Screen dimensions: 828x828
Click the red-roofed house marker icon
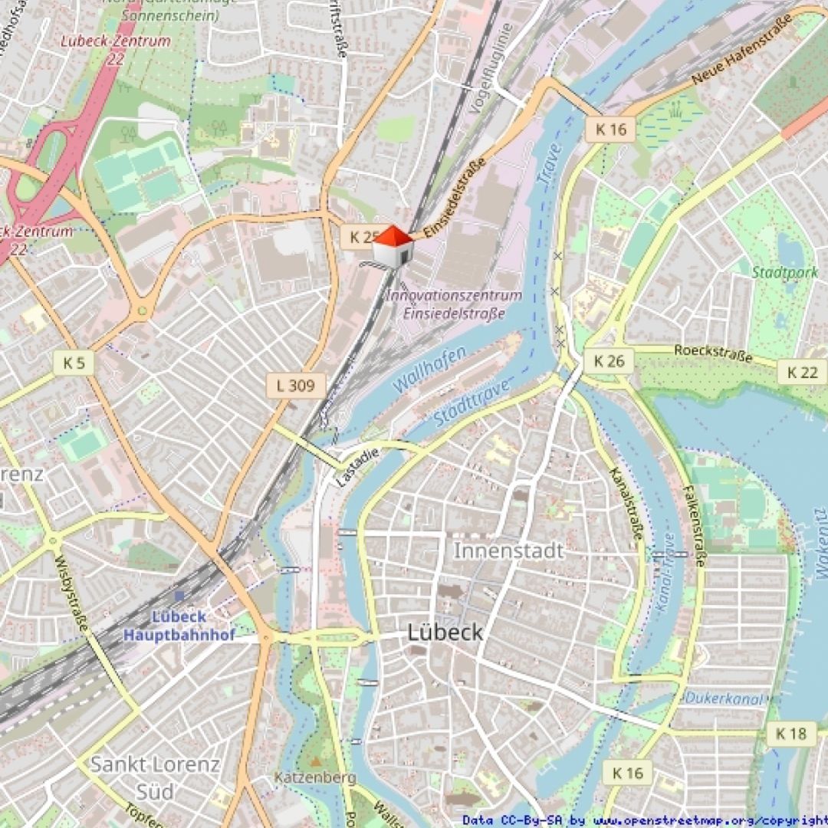[393, 247]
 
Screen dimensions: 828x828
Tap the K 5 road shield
[74, 363]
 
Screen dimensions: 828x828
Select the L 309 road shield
[296, 386]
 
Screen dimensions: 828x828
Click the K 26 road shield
[609, 361]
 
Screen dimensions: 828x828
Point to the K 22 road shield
[802, 372]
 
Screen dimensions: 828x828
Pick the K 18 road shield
[791, 734]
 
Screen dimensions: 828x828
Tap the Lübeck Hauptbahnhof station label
[179, 626]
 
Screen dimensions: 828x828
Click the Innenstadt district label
[508, 550]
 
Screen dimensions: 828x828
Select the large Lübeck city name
[445, 632]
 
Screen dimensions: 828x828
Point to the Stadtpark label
[784, 272]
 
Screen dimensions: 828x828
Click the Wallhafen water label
[429, 370]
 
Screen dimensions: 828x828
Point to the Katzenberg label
[315, 778]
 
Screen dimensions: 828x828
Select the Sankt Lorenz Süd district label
[155, 777]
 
